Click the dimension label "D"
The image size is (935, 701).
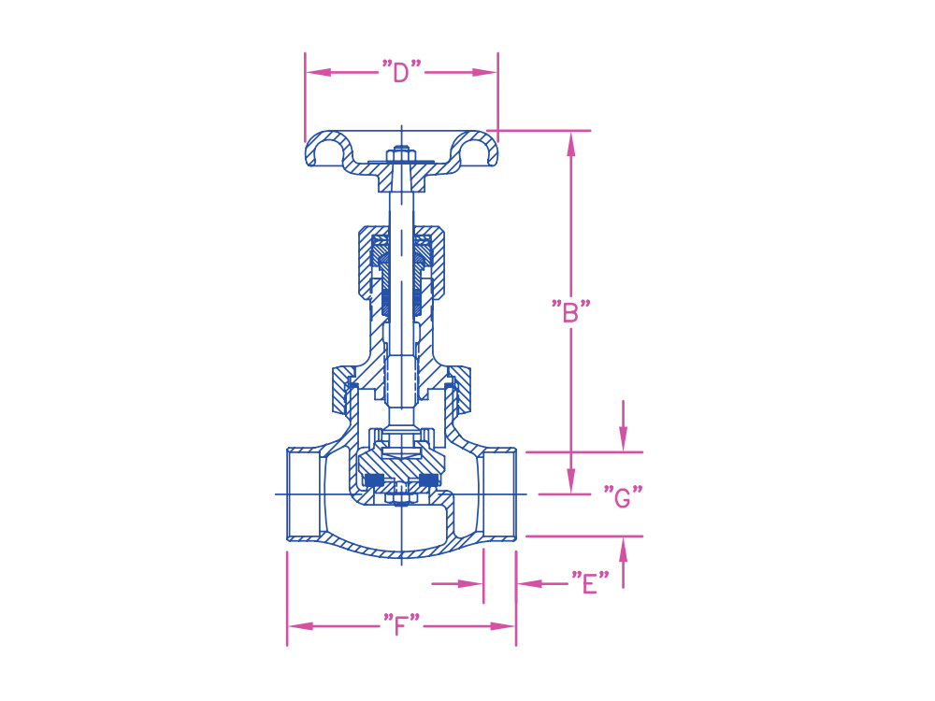pyautogui.click(x=401, y=72)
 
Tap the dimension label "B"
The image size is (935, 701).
pyautogui.click(x=570, y=312)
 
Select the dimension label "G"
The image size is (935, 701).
pyautogui.click(x=623, y=496)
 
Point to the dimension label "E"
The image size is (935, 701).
pyautogui.click(x=590, y=583)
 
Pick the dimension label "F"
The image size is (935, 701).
pyautogui.click(x=401, y=625)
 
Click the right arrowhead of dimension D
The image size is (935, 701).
pyautogui.click(x=484, y=72)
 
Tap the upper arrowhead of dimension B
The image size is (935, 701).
pyautogui.click(x=570, y=144)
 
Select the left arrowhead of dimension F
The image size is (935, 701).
pyautogui.click(x=300, y=626)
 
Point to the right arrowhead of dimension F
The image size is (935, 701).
pyautogui.click(x=502, y=626)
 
